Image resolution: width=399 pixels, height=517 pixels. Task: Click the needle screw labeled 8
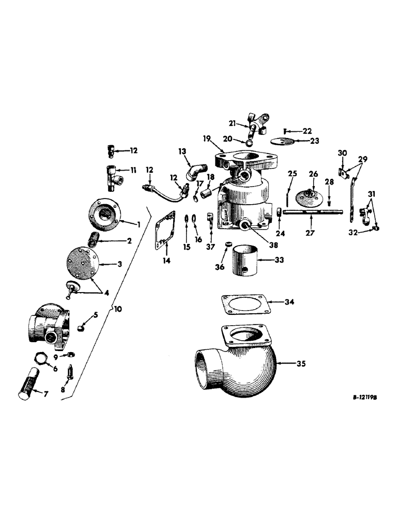72,372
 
